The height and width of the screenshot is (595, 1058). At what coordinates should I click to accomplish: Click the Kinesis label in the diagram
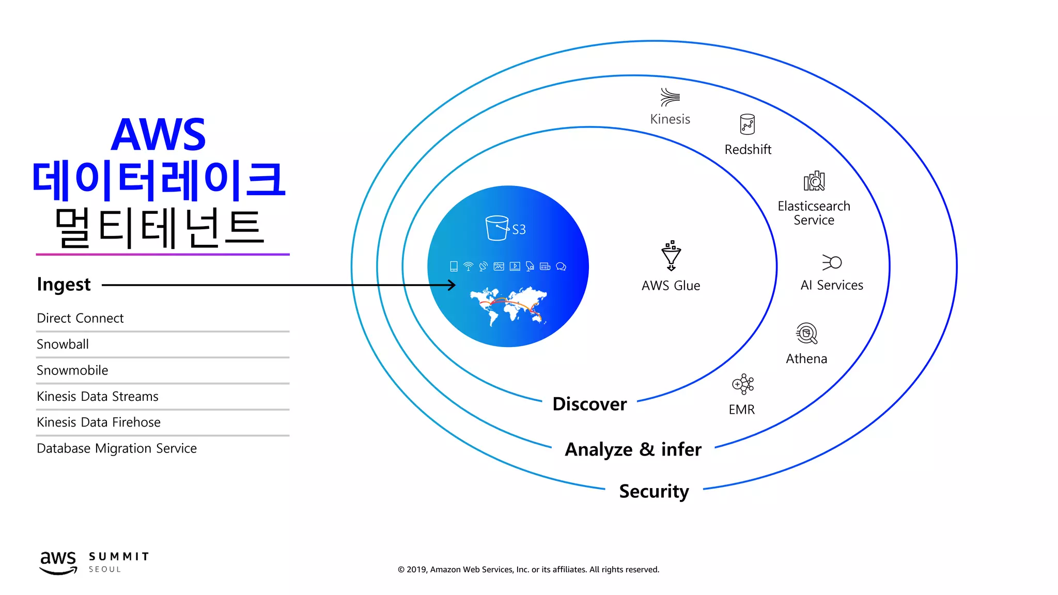670,119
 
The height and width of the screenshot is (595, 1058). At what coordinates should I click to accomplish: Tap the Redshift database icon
748,124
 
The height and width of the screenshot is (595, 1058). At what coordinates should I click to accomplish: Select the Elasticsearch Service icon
814,181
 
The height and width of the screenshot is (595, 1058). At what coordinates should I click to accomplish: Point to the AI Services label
832,285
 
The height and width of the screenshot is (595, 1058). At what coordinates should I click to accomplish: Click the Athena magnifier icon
806,333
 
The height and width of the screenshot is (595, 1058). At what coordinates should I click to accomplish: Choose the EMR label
742,410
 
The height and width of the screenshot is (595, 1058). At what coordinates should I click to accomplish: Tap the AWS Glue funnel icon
671,255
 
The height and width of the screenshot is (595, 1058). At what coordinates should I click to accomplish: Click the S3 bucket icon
497,228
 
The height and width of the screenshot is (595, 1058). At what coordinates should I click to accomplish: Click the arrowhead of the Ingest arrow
452,285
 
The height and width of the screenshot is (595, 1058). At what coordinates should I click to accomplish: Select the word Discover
589,404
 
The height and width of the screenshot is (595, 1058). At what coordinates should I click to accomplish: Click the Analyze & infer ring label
633,449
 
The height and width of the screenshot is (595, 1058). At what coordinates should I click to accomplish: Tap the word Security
654,491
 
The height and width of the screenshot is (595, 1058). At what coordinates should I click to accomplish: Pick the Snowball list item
63,345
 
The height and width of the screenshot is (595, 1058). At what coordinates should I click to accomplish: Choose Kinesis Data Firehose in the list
99,422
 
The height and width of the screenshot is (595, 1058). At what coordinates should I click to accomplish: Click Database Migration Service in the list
117,448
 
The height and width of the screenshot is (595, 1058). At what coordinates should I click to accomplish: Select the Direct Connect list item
80,318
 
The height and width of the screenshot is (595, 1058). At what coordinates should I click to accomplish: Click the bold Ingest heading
64,285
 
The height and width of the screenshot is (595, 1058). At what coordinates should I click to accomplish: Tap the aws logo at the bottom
58,562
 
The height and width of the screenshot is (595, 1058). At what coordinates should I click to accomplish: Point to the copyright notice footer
528,570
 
